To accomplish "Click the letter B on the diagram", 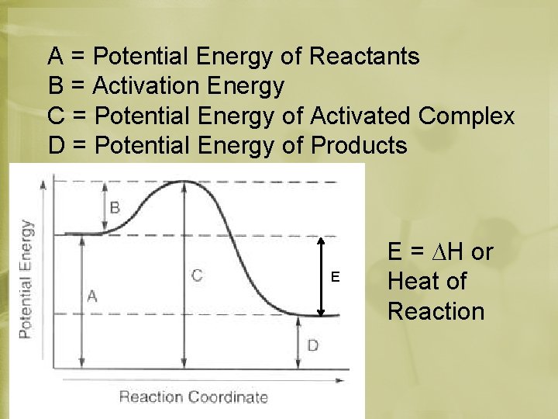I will point(115,207).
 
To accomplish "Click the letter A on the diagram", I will point(92,295).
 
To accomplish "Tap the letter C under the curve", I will point(197,275).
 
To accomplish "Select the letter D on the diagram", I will point(312,344).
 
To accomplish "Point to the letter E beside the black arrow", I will point(335,277).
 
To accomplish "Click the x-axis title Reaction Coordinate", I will point(193,397).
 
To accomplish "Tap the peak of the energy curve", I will point(183,182).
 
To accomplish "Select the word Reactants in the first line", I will point(364,56).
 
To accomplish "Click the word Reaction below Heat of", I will point(436,311).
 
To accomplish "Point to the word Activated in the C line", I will point(360,116).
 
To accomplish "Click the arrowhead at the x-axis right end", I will point(341,380).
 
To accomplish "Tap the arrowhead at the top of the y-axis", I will point(53,180).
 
